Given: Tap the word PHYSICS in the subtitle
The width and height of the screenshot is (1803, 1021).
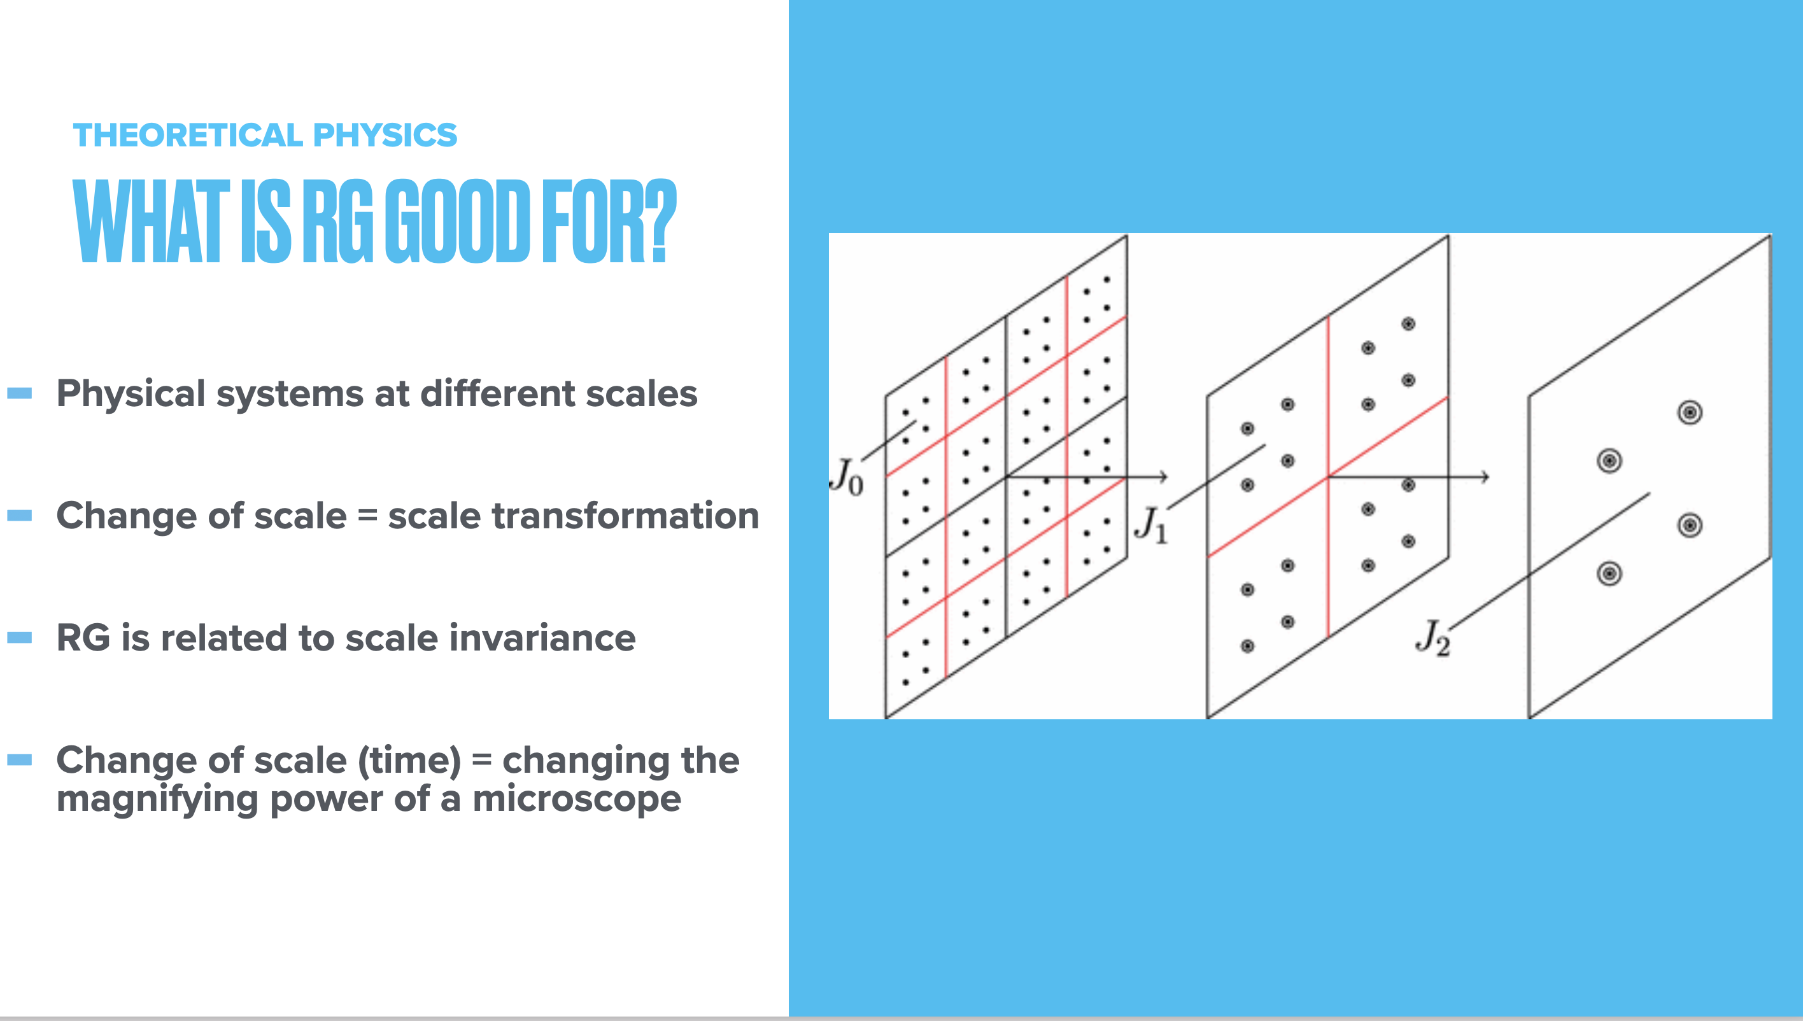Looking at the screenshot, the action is (385, 136).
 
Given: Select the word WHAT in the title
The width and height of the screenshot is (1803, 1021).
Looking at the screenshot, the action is (152, 221).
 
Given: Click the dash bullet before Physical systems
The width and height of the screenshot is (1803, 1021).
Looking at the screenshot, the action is (20, 393).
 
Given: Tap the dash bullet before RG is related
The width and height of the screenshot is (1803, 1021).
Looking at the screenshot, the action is (20, 637).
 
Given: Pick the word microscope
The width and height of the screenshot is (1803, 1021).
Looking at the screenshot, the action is (576, 799).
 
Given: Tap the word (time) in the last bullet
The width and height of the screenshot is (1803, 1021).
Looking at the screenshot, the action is (409, 761).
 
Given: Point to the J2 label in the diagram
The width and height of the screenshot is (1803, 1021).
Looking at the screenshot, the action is (1432, 637).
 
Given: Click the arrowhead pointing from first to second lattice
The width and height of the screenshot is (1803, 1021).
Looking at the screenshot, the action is (1163, 477).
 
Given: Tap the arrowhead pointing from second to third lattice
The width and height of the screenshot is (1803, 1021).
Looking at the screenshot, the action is (1485, 477).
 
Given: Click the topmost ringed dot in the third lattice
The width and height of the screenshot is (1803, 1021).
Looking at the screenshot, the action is (1690, 412).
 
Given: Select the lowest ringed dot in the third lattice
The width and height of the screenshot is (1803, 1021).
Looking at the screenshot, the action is (1609, 574).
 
